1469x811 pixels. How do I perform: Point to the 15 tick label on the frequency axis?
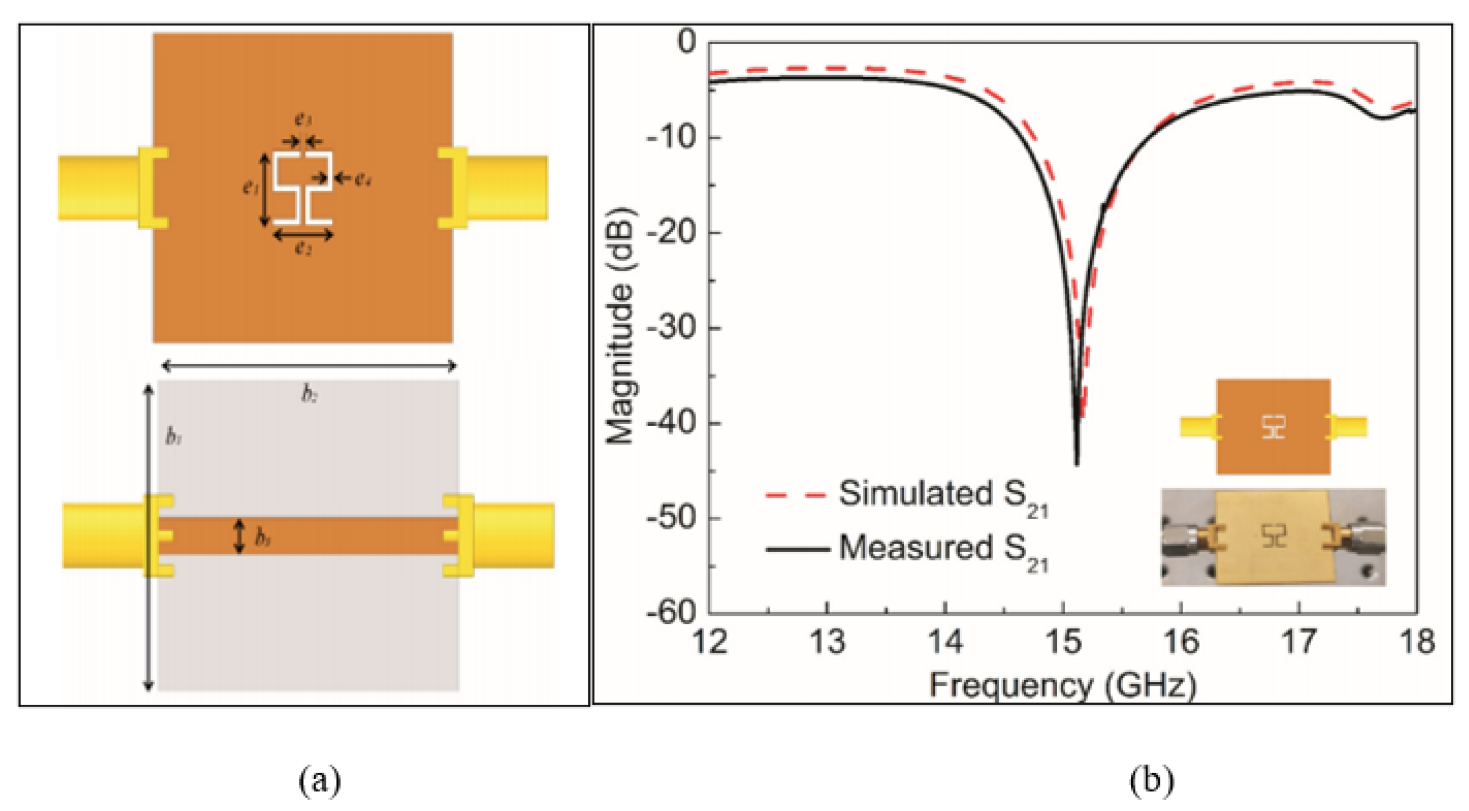coord(1063,641)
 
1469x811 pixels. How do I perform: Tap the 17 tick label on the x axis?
coord(1299,641)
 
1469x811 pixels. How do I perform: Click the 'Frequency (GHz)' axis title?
coord(1062,685)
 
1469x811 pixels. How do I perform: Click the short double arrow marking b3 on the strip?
coord(240,536)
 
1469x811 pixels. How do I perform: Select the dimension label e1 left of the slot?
coord(250,186)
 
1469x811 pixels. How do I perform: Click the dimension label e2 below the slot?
coord(304,248)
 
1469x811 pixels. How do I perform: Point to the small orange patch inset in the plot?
coord(1273,427)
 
